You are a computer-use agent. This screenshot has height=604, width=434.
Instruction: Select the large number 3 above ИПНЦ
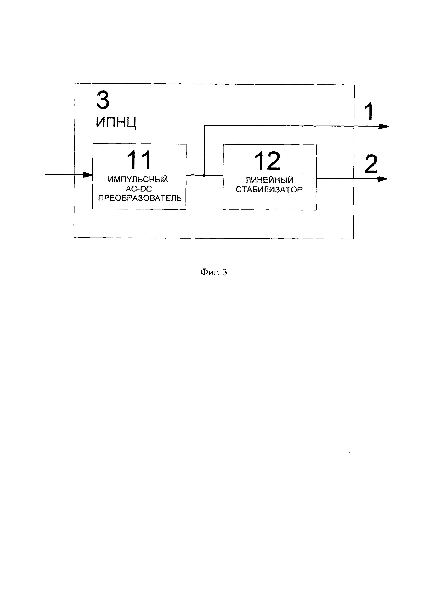pyautogui.click(x=103, y=100)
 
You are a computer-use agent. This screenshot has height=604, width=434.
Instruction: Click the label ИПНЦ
pyautogui.click(x=116, y=122)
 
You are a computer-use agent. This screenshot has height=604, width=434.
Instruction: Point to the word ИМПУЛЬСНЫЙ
pyautogui.click(x=138, y=179)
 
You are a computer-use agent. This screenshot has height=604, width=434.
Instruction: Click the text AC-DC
pyautogui.click(x=139, y=189)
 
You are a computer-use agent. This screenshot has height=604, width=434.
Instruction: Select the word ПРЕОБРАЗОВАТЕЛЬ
pyautogui.click(x=140, y=198)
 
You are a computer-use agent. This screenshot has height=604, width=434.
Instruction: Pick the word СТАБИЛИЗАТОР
pyautogui.click(x=269, y=190)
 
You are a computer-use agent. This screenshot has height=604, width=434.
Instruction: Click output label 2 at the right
pyautogui.click(x=371, y=164)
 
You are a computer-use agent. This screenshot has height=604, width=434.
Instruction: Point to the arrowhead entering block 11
pyautogui.click(x=88, y=175)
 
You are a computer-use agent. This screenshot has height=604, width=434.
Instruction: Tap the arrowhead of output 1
pyautogui.click(x=383, y=127)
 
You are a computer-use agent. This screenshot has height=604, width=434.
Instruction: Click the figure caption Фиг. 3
pyautogui.click(x=214, y=272)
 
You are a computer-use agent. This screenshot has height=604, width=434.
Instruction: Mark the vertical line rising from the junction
pyautogui.click(x=204, y=149)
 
